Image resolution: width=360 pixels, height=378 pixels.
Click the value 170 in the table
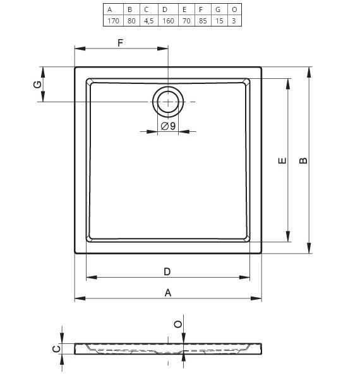(113, 21)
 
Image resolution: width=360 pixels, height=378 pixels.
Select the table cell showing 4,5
(149, 21)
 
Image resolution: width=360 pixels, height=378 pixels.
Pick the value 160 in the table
(168, 21)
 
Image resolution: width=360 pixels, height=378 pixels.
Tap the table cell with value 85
(203, 21)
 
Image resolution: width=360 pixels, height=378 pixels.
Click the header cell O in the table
(234, 9)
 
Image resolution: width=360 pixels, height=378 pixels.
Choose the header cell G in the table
(218, 9)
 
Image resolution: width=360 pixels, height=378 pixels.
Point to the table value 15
(219, 21)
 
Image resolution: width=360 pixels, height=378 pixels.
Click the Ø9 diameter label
(168, 126)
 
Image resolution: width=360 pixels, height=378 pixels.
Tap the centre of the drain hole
(168, 102)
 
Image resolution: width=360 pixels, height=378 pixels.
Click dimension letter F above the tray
(120, 43)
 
